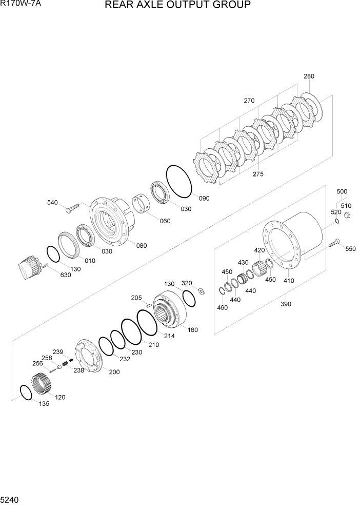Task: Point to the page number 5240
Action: [11, 499]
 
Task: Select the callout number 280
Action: [309, 76]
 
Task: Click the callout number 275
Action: [257, 174]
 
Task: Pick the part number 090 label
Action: [204, 198]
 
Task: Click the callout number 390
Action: [286, 304]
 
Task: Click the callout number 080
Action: [141, 245]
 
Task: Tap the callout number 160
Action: [192, 329]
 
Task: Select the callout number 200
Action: [114, 371]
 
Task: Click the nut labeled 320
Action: [201, 291]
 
